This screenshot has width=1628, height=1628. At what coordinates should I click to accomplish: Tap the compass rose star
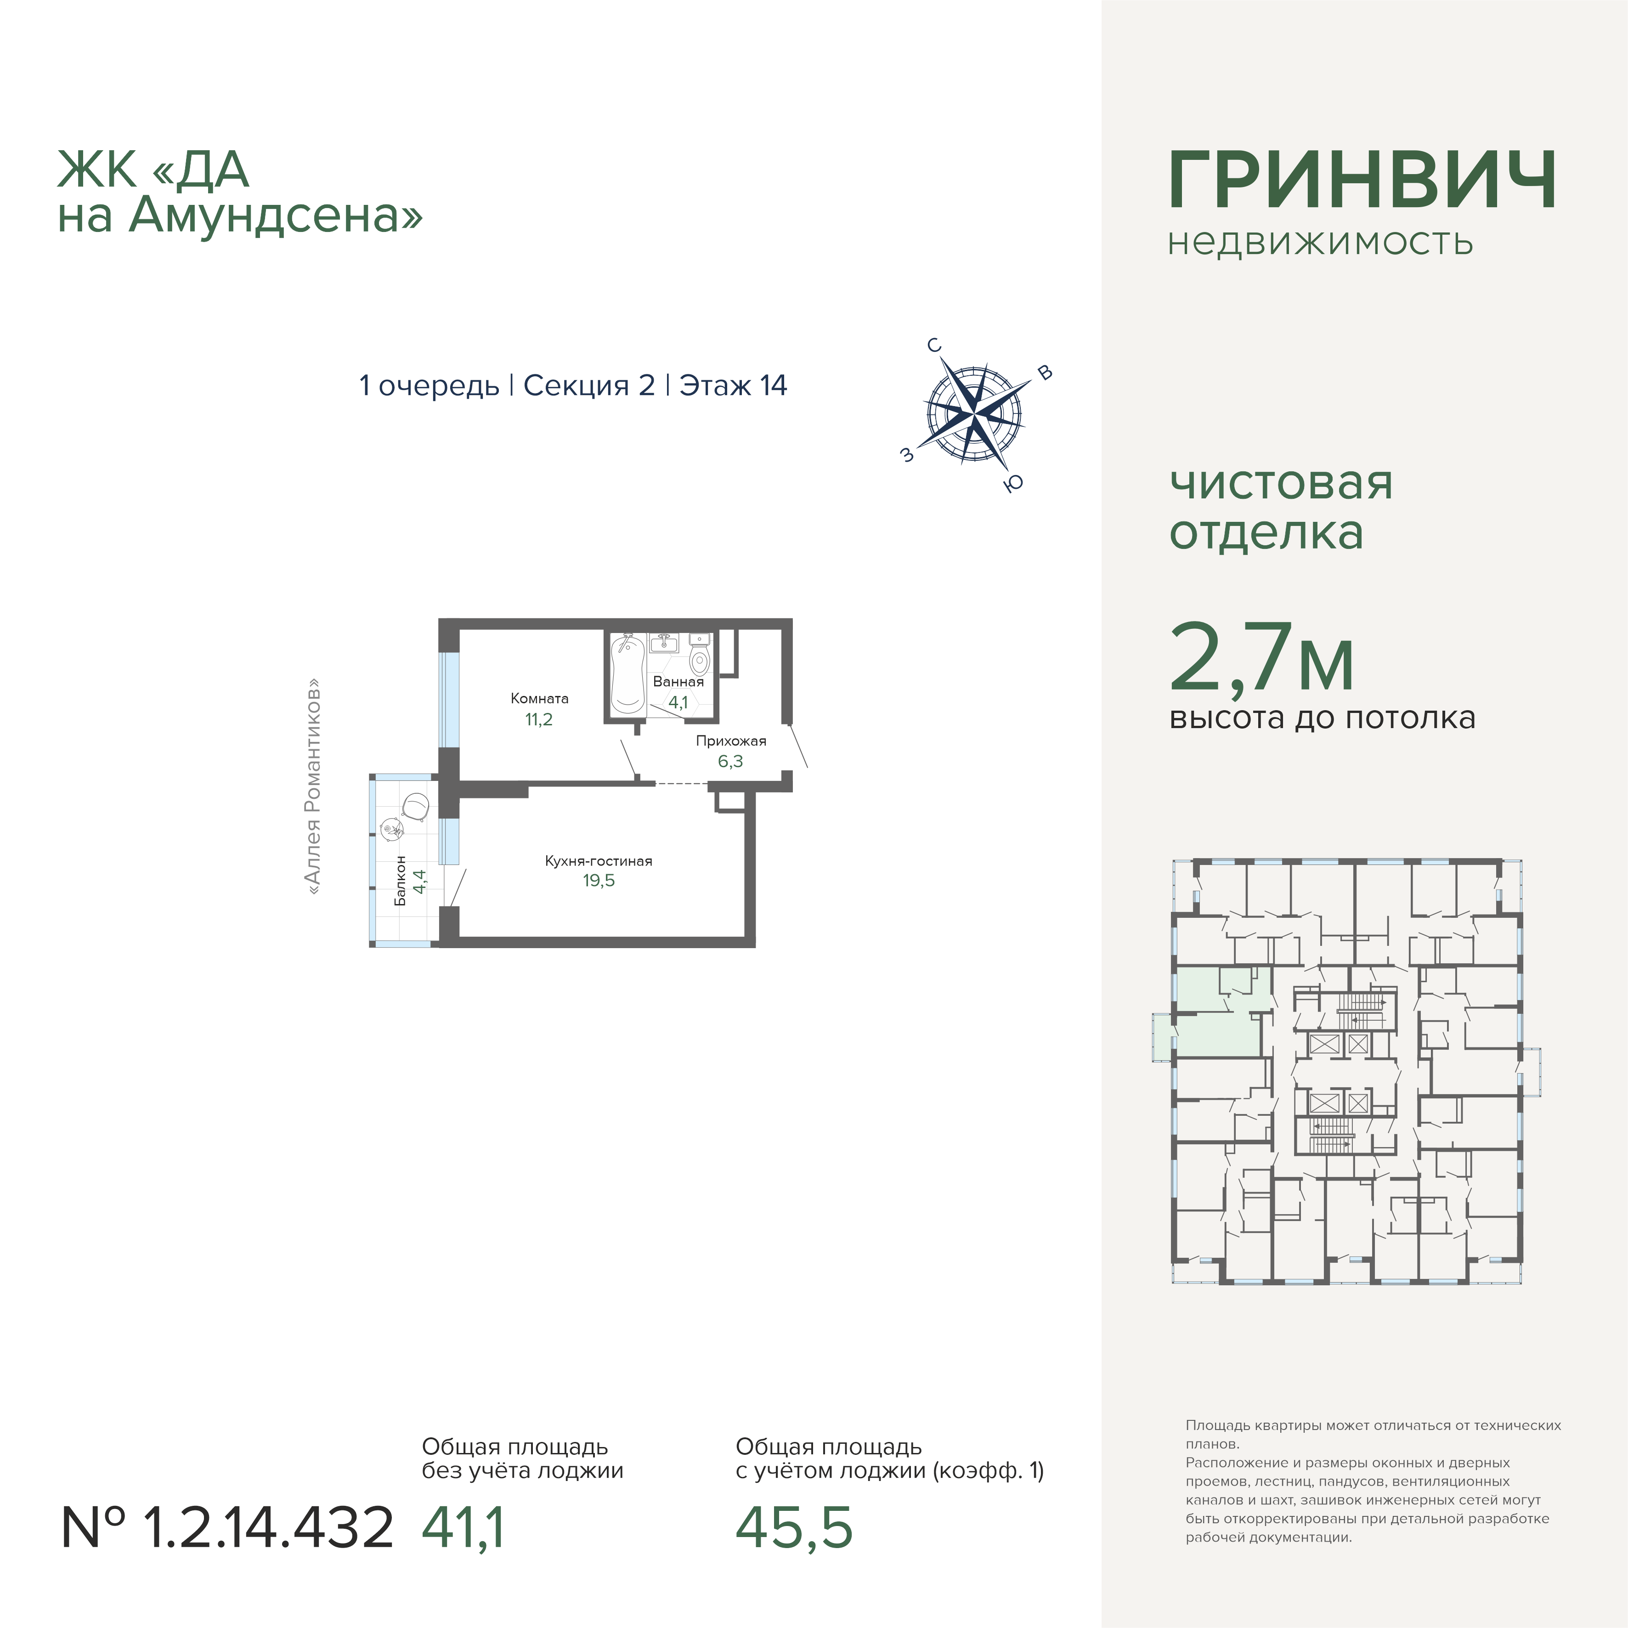point(974,415)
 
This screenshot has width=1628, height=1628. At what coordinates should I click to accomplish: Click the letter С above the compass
point(933,345)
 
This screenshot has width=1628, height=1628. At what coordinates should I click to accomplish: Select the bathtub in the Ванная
point(627,673)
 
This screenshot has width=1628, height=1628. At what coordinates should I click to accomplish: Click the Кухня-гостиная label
point(598,860)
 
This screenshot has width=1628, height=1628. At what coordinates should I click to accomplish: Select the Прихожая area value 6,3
point(730,761)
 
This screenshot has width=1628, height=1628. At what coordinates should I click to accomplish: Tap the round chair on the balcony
point(416,806)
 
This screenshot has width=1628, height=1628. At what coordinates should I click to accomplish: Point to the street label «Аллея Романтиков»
point(313,786)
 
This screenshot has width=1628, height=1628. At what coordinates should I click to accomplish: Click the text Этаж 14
point(733,385)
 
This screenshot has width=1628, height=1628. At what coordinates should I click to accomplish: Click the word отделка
point(1266,532)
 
